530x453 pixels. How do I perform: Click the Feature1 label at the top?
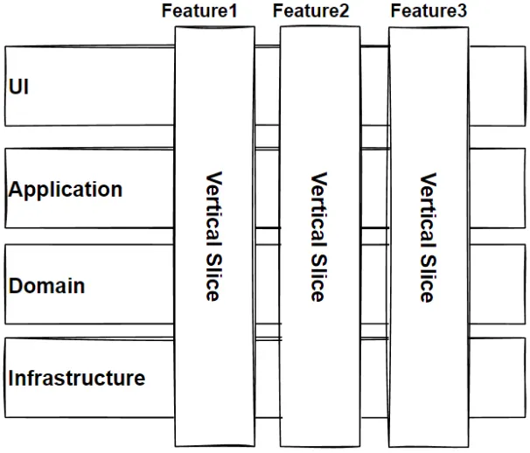(199, 11)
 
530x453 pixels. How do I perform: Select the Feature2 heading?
(310, 11)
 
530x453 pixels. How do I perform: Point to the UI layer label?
(18, 87)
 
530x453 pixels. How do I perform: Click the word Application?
(66, 190)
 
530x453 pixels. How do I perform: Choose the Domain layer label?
(46, 286)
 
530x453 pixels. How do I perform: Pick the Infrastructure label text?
(77, 379)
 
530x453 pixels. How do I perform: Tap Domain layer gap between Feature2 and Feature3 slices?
(373, 284)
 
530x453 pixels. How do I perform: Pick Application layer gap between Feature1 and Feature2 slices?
(267, 187)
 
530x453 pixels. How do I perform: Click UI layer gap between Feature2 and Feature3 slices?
(373, 86)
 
